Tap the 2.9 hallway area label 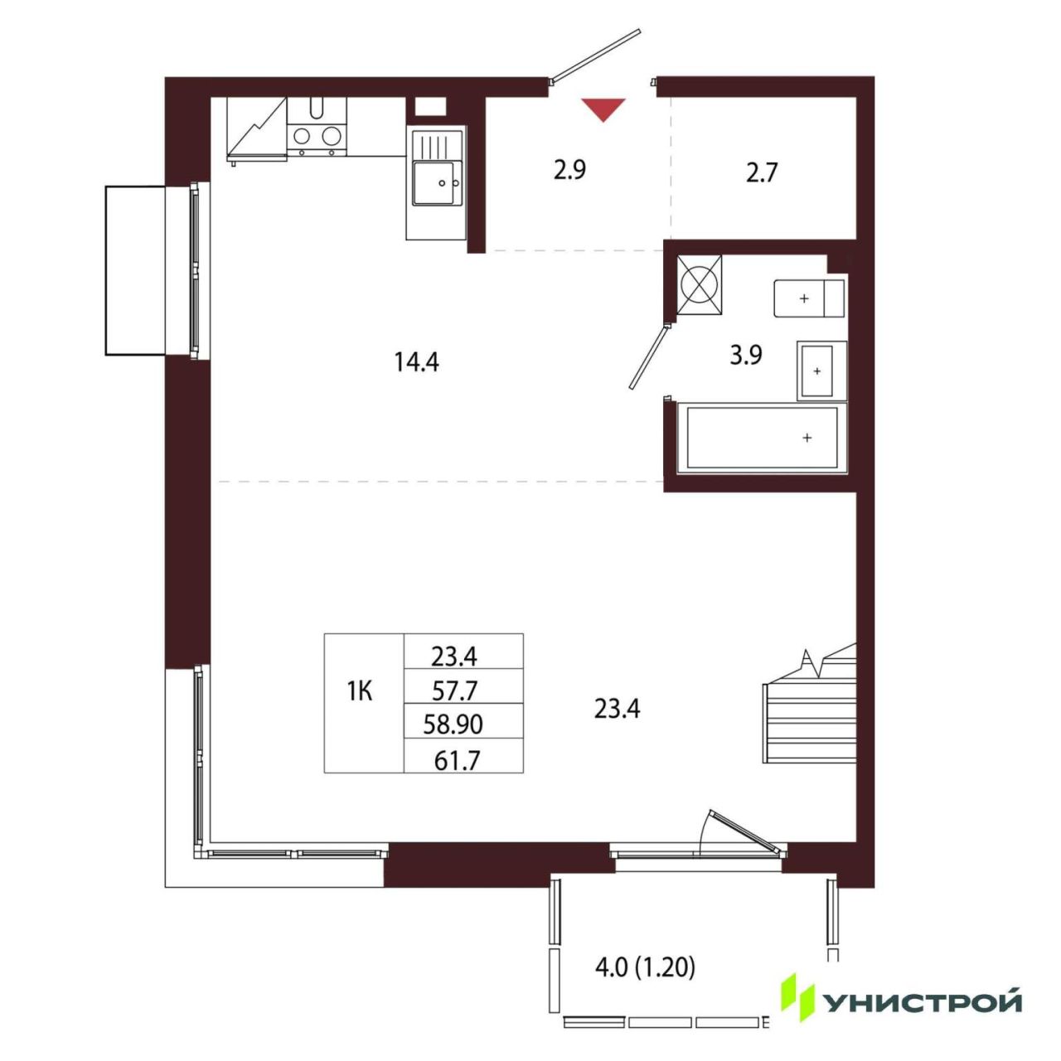[x=569, y=171]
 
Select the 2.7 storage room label [x=761, y=173]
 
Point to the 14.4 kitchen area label [x=416, y=362]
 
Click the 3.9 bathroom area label [x=745, y=356]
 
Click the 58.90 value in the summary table [x=453, y=724]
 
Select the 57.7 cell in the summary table [x=454, y=690]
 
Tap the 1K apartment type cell [x=360, y=691]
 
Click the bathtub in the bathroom [x=762, y=438]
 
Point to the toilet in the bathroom [x=809, y=298]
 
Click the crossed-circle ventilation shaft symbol [x=700, y=285]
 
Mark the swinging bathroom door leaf [x=648, y=358]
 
